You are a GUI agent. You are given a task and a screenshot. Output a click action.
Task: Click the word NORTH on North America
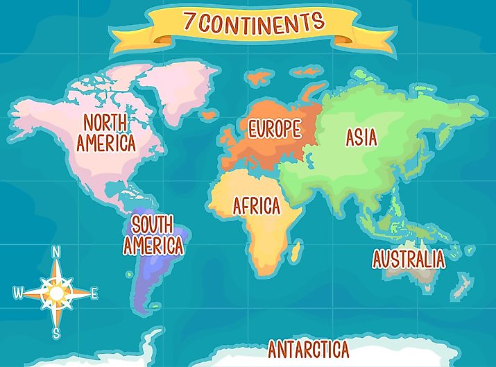pos(105,123)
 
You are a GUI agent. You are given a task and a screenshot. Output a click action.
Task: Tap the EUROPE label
pos(275,128)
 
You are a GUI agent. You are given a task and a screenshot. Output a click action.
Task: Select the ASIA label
pos(361,137)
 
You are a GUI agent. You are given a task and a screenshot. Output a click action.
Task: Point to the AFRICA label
pos(256,206)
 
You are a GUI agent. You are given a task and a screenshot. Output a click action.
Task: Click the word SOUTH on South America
pos(152,225)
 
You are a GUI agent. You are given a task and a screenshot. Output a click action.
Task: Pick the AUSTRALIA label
pos(408,259)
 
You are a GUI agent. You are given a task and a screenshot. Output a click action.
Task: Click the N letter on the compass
pos(57,251)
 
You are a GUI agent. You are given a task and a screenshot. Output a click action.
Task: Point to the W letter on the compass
pos(17,293)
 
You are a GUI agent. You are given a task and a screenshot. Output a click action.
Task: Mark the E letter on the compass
pos(94,293)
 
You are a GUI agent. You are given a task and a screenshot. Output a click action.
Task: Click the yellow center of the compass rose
pos(56,293)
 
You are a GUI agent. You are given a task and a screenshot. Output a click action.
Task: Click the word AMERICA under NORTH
pos(105,144)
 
